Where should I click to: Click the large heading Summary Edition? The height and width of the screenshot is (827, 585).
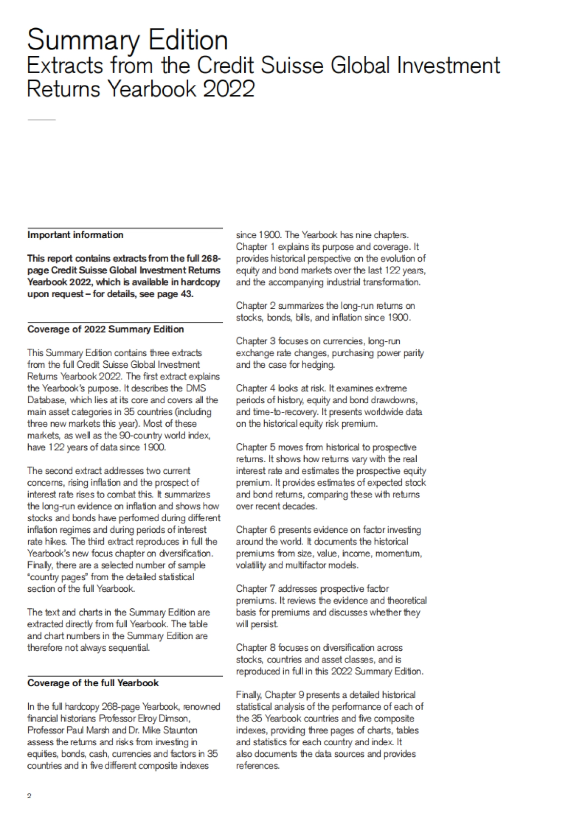coord(127,40)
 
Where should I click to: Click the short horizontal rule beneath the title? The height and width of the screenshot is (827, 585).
coord(41,120)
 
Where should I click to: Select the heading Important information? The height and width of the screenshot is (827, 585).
coord(75,235)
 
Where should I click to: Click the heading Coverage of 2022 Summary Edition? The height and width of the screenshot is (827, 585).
coord(105,329)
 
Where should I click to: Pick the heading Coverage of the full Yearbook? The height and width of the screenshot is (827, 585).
coord(93,683)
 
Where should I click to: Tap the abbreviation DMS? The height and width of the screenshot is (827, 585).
coord(196,388)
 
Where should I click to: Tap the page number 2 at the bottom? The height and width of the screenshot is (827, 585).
coord(29,796)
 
